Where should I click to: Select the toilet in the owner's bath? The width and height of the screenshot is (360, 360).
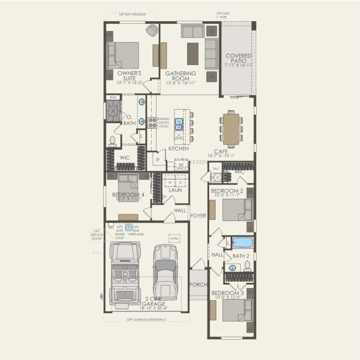click(113, 141)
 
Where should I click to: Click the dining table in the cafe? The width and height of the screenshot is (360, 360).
click(231, 129)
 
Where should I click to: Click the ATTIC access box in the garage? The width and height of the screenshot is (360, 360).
click(174, 238)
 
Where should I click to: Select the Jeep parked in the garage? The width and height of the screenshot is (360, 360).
click(125, 273)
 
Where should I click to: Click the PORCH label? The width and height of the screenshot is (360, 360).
click(198, 285)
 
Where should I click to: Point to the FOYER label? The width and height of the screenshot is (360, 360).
click(199, 216)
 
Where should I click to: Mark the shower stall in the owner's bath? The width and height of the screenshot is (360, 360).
click(114, 110)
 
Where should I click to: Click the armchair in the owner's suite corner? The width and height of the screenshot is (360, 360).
click(151, 31)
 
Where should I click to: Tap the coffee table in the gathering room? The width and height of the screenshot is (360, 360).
click(193, 54)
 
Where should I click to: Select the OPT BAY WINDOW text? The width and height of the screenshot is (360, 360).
click(132, 14)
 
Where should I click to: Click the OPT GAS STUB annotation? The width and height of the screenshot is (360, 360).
click(223, 16)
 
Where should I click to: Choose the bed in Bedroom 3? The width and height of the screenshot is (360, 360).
click(237, 310)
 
